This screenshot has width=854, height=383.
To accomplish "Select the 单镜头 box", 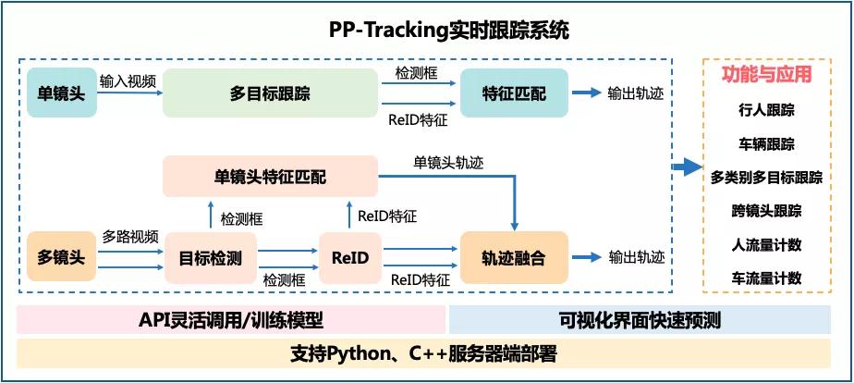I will click(60, 93).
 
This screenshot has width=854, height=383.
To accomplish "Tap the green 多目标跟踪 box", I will click(269, 93).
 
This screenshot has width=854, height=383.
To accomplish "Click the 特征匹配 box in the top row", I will click(514, 93).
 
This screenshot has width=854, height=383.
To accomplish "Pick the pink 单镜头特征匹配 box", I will click(270, 176).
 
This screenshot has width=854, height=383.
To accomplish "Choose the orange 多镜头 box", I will click(61, 256).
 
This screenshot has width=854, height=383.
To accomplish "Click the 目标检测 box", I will click(210, 258).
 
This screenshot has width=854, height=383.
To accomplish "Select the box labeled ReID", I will click(349, 258).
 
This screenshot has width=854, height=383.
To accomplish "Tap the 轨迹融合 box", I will click(514, 258).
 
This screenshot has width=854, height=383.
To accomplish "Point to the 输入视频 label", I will click(128, 80).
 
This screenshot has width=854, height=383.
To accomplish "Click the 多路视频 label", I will click(129, 236).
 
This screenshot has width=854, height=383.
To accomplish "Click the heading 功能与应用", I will click(766, 75).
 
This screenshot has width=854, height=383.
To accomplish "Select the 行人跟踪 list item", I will click(766, 110).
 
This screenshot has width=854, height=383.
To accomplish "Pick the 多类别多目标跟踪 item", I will click(766, 177).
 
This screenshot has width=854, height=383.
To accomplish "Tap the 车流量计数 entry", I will click(766, 278).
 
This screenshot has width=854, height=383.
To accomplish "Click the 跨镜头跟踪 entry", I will click(766, 210).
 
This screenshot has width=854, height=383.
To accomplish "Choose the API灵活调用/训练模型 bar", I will click(230, 320).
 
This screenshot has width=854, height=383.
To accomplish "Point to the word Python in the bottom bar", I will click(360, 353).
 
